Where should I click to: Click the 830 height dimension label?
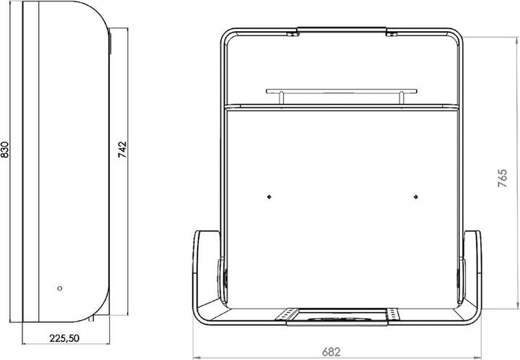pos(6,150)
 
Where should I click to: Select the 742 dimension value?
pos(123,150)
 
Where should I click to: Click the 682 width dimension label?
pos(331,352)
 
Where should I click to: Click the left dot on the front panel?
pos(268,196)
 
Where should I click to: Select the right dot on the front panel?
pos(416,196)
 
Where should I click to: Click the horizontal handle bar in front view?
pos(342,91)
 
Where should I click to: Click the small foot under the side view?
pos(92,318)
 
